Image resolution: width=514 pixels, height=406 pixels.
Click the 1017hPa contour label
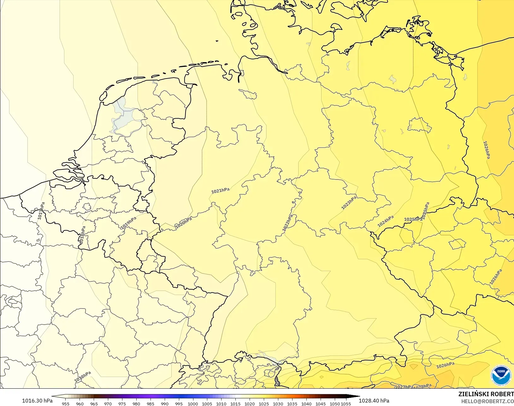(x=41, y=211)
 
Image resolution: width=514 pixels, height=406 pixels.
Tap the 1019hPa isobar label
(x=129, y=223)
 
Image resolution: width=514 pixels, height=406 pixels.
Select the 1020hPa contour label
(x=184, y=223)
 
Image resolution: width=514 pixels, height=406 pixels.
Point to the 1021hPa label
(x=220, y=191)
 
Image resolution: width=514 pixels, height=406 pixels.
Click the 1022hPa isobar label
(x=288, y=223)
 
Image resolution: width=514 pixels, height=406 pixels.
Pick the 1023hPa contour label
(x=349, y=203)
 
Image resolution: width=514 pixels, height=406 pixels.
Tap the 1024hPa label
(x=386, y=221)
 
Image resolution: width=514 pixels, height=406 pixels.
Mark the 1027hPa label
(x=404, y=387)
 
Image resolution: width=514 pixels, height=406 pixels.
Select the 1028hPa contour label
(x=422, y=386)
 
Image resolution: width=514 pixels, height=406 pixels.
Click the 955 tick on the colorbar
(x=66, y=403)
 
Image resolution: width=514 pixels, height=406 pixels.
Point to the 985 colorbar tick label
(x=151, y=403)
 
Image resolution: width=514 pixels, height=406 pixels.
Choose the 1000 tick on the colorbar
(x=193, y=403)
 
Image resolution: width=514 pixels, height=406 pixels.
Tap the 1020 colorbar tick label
(x=250, y=403)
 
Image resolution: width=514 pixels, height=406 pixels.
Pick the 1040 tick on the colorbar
(x=306, y=403)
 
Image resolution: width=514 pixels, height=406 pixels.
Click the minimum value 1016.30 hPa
(x=37, y=401)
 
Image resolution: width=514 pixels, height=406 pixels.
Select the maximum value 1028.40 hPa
(x=374, y=401)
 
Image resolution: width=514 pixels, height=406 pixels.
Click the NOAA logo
(x=501, y=375)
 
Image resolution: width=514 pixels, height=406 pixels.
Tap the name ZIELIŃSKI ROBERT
(x=486, y=394)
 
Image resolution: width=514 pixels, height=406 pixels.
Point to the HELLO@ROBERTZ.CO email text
(x=487, y=401)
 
